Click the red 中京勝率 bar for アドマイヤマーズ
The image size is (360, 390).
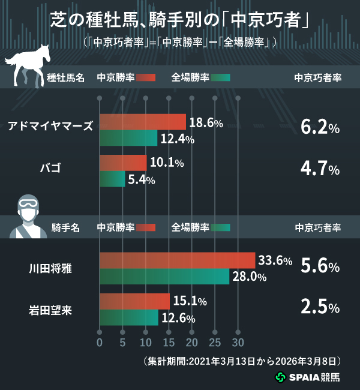pos(142,122)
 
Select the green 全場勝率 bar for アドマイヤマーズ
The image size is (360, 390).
pos(128,139)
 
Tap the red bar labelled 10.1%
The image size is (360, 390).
pos(122,163)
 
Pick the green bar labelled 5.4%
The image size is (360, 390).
pos(112,179)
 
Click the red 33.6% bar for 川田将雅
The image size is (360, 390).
pos(177,260)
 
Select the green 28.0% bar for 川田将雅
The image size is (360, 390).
pos(164,276)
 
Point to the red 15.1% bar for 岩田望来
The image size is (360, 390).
pos(134,301)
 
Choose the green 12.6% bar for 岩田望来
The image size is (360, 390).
pos(128,317)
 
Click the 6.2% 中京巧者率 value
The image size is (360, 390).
pos(320,127)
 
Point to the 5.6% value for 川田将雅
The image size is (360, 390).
pos(320,266)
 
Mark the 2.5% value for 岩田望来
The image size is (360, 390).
pos(320,307)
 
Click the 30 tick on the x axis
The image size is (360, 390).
pos(238,343)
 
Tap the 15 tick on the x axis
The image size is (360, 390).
pos(169,343)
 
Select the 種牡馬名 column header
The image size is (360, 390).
pos(66,78)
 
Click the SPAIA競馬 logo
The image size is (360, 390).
pos(307,377)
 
